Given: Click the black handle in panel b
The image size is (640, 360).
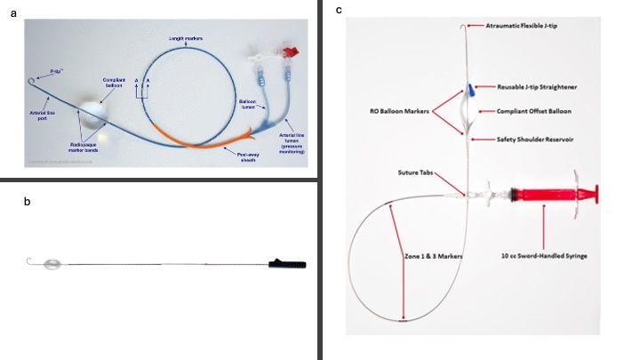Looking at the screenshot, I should click(x=288, y=263).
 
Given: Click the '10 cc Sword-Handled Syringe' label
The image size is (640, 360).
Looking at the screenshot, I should click(x=546, y=256).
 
